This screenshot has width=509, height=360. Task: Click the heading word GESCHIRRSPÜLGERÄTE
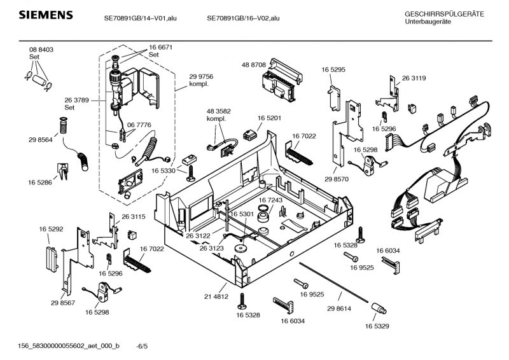(x=444, y=14)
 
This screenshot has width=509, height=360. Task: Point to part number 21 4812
(x=216, y=297)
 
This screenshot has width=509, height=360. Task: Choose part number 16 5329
(x=377, y=326)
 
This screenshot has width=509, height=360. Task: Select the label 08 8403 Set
(x=41, y=53)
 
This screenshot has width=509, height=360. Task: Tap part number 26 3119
(x=414, y=78)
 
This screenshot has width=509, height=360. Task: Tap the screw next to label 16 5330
(x=190, y=170)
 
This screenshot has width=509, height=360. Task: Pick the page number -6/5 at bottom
(x=142, y=345)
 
